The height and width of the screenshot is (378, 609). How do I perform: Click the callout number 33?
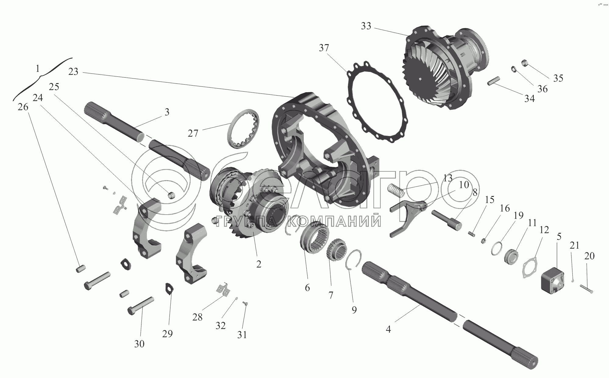point(366,26)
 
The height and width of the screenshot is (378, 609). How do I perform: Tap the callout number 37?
point(324,48)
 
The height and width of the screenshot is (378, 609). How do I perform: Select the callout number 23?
point(73,72)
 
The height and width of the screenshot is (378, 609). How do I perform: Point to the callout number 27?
point(193,133)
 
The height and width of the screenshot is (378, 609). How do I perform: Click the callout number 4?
point(388,329)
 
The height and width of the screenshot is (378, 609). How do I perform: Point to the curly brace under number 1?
point(43,79)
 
